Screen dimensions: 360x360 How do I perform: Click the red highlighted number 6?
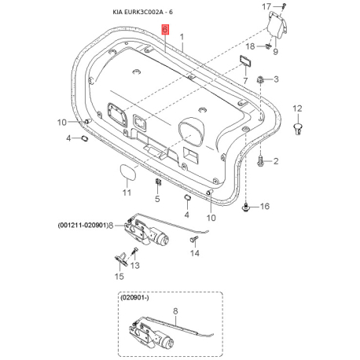165,29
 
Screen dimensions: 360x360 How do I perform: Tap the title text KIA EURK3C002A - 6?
143,12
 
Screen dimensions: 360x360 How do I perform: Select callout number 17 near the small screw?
266,6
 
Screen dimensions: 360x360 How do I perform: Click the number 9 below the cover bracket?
275,51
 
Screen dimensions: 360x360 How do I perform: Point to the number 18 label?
250,46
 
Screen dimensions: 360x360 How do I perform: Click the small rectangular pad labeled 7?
246,61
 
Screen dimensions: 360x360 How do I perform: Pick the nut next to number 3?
260,79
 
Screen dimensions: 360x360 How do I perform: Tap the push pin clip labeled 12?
297,129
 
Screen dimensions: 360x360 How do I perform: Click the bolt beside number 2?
261,160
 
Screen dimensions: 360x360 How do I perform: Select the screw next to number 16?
245,208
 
